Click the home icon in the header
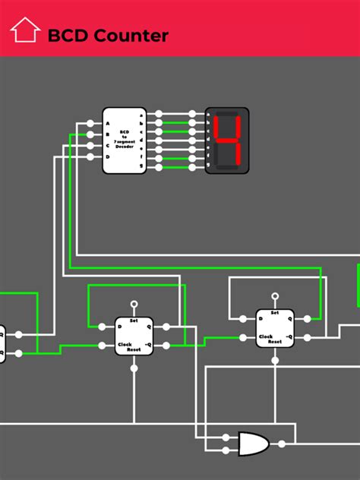coord(25,30)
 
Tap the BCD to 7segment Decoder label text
coord(124,141)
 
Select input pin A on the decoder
coord(90,124)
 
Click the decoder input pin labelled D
coord(90,156)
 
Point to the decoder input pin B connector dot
coord(90,134)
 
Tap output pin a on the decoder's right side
coord(158,115)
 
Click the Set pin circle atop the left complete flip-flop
coord(134,305)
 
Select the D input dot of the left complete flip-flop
coord(103,327)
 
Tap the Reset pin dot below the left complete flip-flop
coord(134,368)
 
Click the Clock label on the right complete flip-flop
coord(266,336)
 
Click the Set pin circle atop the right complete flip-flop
coord(274,297)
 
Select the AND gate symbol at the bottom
coord(251,443)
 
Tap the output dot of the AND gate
coord(281,444)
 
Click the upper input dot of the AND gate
coord(226,437)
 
